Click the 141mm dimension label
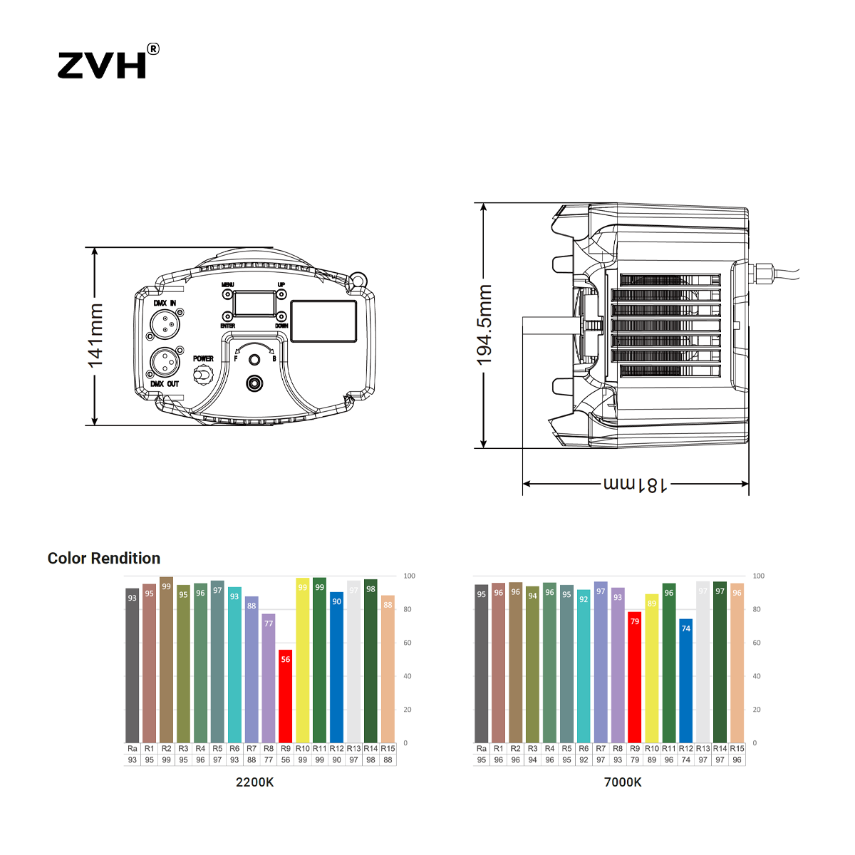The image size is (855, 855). pyautogui.click(x=95, y=336)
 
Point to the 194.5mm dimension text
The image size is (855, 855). pyautogui.click(x=484, y=326)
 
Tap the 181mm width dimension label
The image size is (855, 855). pyautogui.click(x=636, y=484)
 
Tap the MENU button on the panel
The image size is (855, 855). pyautogui.click(x=228, y=294)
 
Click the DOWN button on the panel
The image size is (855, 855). pyautogui.click(x=281, y=316)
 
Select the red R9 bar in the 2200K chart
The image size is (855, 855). pyautogui.click(x=285, y=695)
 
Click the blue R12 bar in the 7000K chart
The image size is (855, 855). pyautogui.click(x=685, y=680)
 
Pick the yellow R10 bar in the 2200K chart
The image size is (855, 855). pyautogui.click(x=302, y=660)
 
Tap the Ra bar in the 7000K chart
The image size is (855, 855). pyautogui.click(x=481, y=663)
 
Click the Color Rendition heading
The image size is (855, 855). pyautogui.click(x=104, y=559)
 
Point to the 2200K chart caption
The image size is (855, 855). pyautogui.click(x=254, y=782)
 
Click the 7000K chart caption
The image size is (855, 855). pyautogui.click(x=623, y=782)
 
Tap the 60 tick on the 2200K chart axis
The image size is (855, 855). pyautogui.click(x=408, y=643)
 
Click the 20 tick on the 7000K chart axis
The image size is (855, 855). pyautogui.click(x=757, y=710)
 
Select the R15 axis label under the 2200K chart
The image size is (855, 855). pyautogui.click(x=388, y=749)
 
